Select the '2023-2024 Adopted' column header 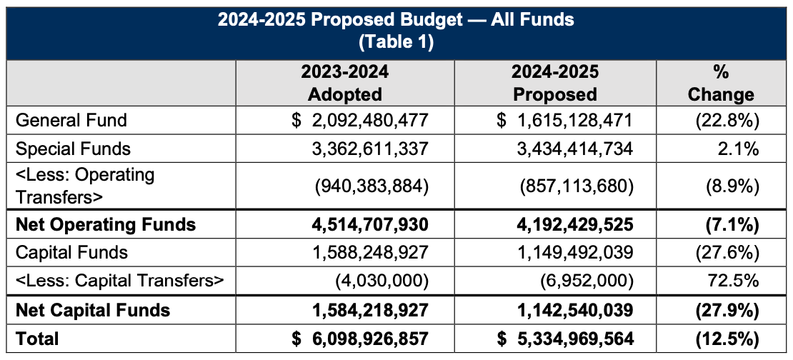344,83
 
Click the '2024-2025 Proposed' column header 555,83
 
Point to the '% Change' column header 723,83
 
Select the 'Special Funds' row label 73,149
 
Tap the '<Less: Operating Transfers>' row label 85,186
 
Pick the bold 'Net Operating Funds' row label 105,224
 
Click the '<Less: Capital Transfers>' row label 120,281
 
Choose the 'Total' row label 37,338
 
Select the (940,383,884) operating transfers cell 371,186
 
